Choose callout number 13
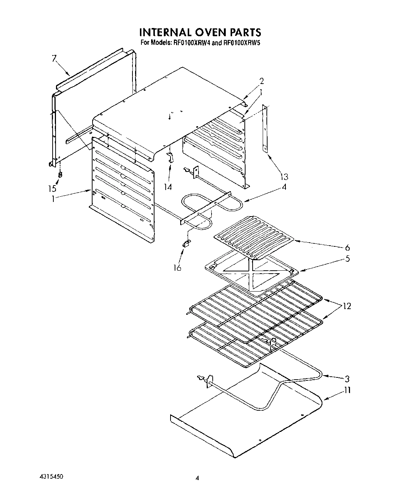click(x=284, y=177)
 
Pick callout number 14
click(x=168, y=187)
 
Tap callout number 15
click(x=52, y=189)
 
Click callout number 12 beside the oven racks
click(x=347, y=306)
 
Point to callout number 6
click(x=347, y=247)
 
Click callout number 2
click(x=262, y=81)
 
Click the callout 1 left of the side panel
click(x=54, y=199)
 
